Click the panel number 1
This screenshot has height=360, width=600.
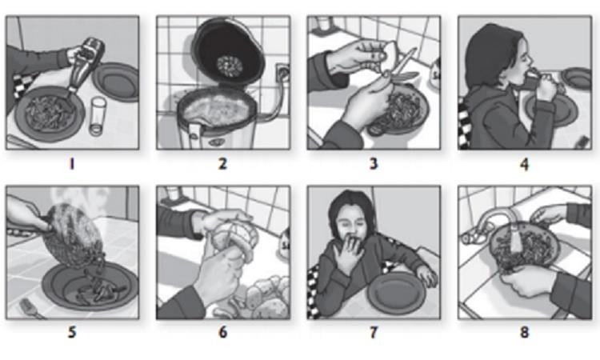click(x=71, y=164)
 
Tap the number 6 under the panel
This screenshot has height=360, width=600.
click(x=222, y=332)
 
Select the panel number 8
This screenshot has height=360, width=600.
click(x=524, y=332)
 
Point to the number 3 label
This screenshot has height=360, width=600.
click(x=374, y=164)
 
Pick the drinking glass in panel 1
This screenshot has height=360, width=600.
click(x=98, y=116)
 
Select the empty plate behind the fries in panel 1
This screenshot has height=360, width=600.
click(x=116, y=82)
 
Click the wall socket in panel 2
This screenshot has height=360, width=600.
click(x=282, y=73)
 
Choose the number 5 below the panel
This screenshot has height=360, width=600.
click(x=72, y=332)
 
